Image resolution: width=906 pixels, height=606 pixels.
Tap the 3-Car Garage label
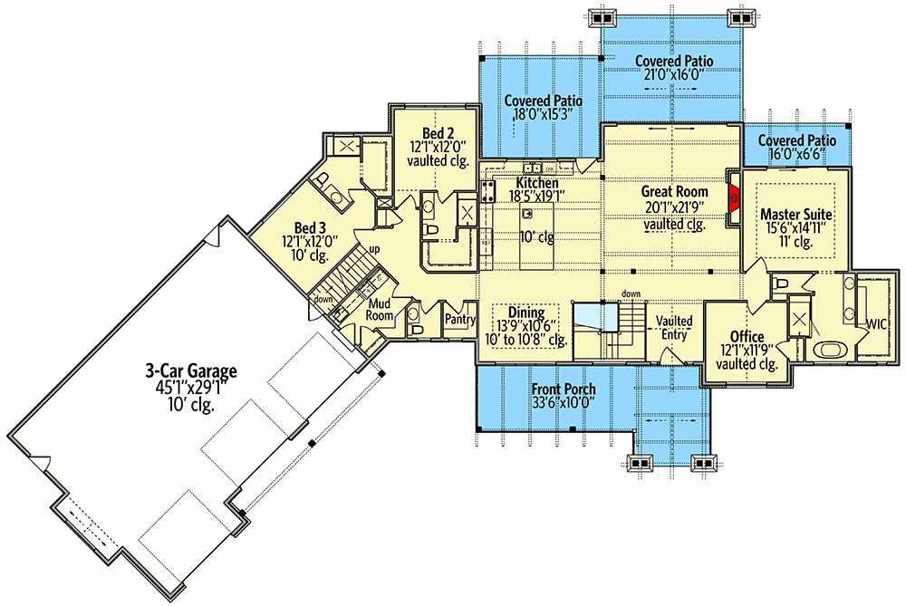191,370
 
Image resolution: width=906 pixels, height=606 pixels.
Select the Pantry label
459,320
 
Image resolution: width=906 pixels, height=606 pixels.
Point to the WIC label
876,322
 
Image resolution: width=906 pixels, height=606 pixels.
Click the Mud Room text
380,310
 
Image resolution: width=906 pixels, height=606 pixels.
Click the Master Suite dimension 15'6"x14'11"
796,229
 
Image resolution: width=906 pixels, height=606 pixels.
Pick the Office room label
747,337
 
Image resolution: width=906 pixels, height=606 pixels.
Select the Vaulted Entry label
674,328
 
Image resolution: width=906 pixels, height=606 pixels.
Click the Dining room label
525,311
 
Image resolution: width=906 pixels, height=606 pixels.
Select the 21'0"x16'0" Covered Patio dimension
673,75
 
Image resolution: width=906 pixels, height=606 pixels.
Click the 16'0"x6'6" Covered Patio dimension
796,155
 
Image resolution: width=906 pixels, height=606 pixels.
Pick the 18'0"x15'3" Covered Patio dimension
543,115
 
